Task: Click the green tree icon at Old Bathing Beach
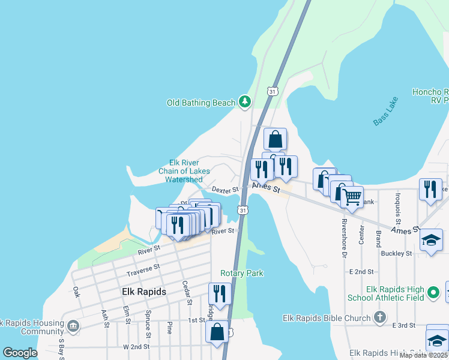tap(244, 102)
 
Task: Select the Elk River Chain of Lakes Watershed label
tap(184, 171)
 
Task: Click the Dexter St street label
tap(226, 189)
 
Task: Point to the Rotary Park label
tap(241, 273)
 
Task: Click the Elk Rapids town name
tap(143, 292)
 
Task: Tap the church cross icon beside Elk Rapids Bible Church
tap(379, 317)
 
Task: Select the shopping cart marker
tap(352, 196)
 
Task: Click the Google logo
tap(20, 353)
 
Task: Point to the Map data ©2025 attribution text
tap(423, 355)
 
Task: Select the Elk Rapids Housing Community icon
tap(73, 326)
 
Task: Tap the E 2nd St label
tap(363, 272)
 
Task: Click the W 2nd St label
tap(135, 347)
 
